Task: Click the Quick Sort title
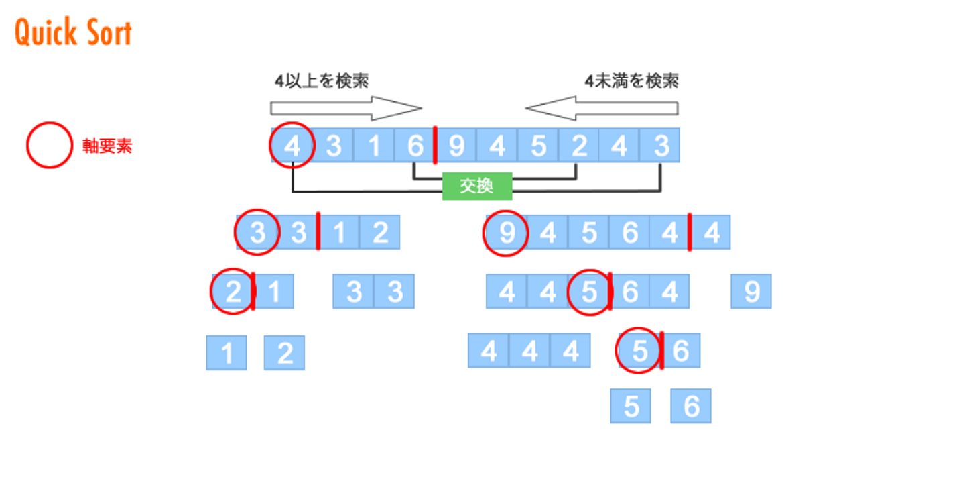coord(74,33)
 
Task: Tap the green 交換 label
coord(477,186)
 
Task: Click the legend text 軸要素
coord(107,146)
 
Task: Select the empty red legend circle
coord(49,145)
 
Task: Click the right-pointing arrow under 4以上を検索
coord(346,108)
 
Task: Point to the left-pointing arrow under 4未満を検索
coord(601,108)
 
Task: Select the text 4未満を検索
coord(631,81)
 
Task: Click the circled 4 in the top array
coord(292,145)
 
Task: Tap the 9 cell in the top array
coord(456,145)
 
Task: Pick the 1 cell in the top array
coord(375,145)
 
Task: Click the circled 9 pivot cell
coord(507,233)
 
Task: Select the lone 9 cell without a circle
coord(751,291)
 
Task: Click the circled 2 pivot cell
coord(233,291)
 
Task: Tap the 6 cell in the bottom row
coord(691,406)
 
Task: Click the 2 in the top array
coord(579,145)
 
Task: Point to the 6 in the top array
coord(415,145)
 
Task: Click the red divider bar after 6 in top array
coord(436,145)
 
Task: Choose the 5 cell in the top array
coord(538,145)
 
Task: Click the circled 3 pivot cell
coord(257,233)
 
